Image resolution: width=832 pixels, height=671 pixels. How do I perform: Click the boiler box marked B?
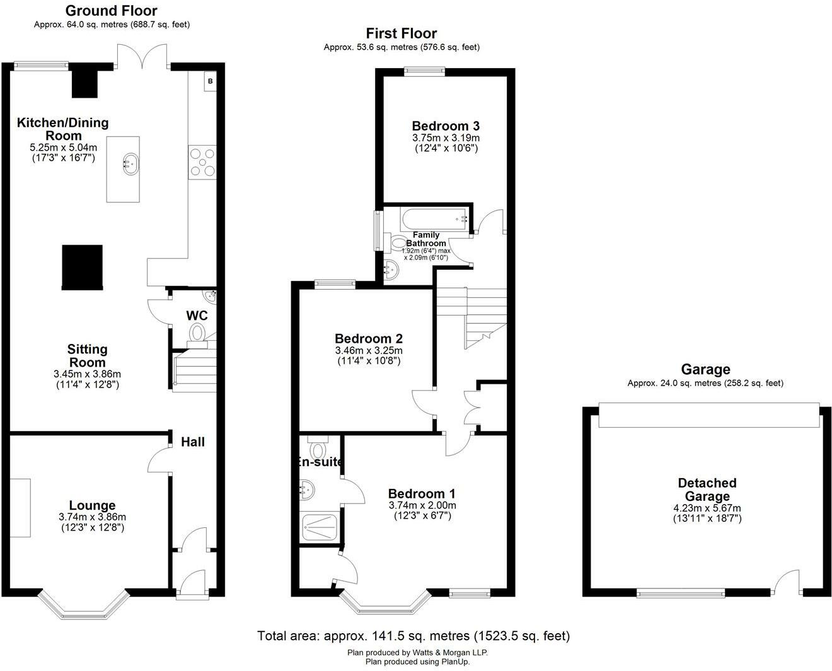210,81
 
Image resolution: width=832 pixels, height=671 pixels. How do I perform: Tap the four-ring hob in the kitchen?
202,162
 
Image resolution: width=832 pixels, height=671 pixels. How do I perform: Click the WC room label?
197,316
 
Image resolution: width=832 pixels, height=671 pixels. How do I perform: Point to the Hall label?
192,442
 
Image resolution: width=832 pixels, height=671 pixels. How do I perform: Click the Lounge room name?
92,505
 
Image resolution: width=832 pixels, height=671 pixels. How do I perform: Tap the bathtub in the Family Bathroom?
434,219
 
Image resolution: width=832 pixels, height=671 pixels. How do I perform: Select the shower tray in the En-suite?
319,527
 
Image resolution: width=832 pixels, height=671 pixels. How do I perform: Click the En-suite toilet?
318,447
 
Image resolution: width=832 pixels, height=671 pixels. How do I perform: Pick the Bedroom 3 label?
446,125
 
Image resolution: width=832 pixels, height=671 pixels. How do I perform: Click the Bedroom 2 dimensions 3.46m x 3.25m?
369,350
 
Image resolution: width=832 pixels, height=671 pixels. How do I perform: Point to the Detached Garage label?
707,490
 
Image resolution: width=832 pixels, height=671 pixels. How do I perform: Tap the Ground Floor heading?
112,11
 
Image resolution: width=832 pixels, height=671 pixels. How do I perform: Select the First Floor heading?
402,33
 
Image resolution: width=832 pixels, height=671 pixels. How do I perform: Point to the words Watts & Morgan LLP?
449,653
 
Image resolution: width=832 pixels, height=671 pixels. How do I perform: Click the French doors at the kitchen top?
142,57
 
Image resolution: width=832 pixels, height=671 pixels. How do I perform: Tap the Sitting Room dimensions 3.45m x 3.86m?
87,374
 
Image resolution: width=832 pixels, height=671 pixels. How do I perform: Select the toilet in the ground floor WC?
197,335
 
